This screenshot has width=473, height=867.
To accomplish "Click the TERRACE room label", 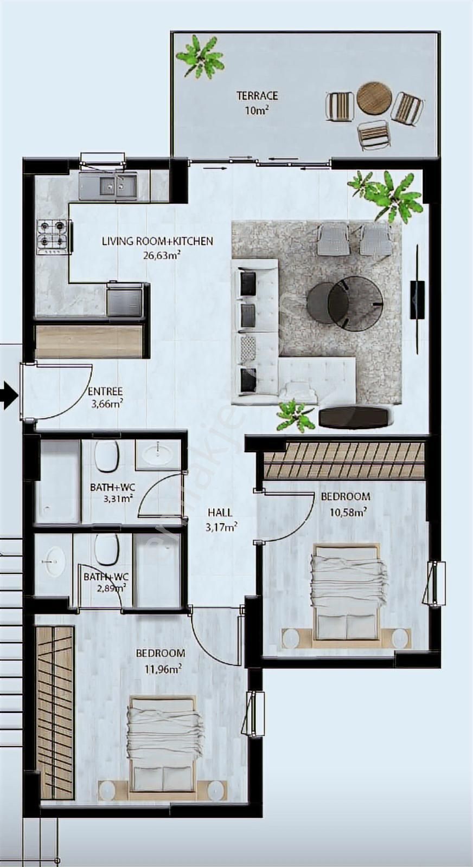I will (x=257, y=96).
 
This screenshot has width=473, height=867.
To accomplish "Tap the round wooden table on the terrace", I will (x=374, y=98).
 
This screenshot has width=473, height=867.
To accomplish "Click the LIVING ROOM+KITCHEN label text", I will (x=157, y=241).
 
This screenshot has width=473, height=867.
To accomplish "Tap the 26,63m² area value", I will (x=161, y=255).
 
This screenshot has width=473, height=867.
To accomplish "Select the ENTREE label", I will (x=105, y=391).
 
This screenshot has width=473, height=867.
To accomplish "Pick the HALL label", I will (x=220, y=512).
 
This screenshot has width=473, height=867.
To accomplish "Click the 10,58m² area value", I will (x=347, y=510).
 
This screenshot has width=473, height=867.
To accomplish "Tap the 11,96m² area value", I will (x=163, y=669).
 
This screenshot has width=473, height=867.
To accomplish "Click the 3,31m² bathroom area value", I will (x=118, y=499).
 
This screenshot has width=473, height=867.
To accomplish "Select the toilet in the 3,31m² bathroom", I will (x=106, y=456).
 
